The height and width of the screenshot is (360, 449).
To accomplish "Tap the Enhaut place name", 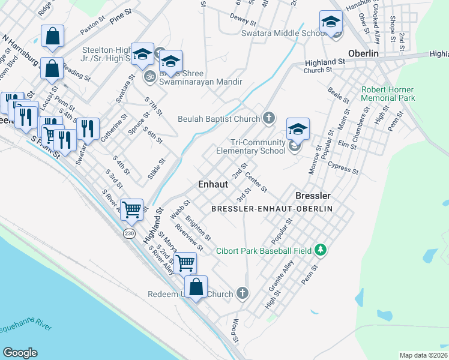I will tap(213, 184).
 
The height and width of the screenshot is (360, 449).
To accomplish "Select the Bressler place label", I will tap(313, 196).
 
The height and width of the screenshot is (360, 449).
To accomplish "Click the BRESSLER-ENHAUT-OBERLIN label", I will tap(272, 208).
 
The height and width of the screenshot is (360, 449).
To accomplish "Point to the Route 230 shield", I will tap(130, 233).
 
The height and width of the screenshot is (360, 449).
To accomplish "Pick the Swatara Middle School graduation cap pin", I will tap(330, 23).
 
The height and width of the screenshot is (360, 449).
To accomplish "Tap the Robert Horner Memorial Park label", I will tap(388, 93).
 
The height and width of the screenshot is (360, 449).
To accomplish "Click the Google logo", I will tap(20, 353).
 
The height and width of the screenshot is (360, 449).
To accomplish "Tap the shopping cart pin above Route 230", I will tap(132, 209).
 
